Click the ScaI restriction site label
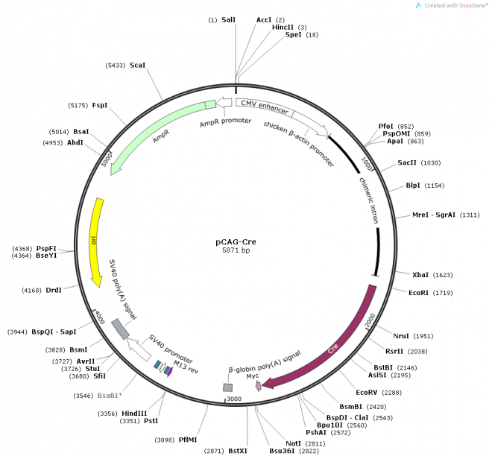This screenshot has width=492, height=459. [x=138, y=66]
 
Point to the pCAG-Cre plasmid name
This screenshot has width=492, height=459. [x=237, y=242]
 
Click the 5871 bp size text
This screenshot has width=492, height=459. [x=237, y=251]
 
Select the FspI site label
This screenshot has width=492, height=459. [x=100, y=105]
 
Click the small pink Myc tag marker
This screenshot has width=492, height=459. [x=258, y=386]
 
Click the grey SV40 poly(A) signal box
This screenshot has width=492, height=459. [x=120, y=329]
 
